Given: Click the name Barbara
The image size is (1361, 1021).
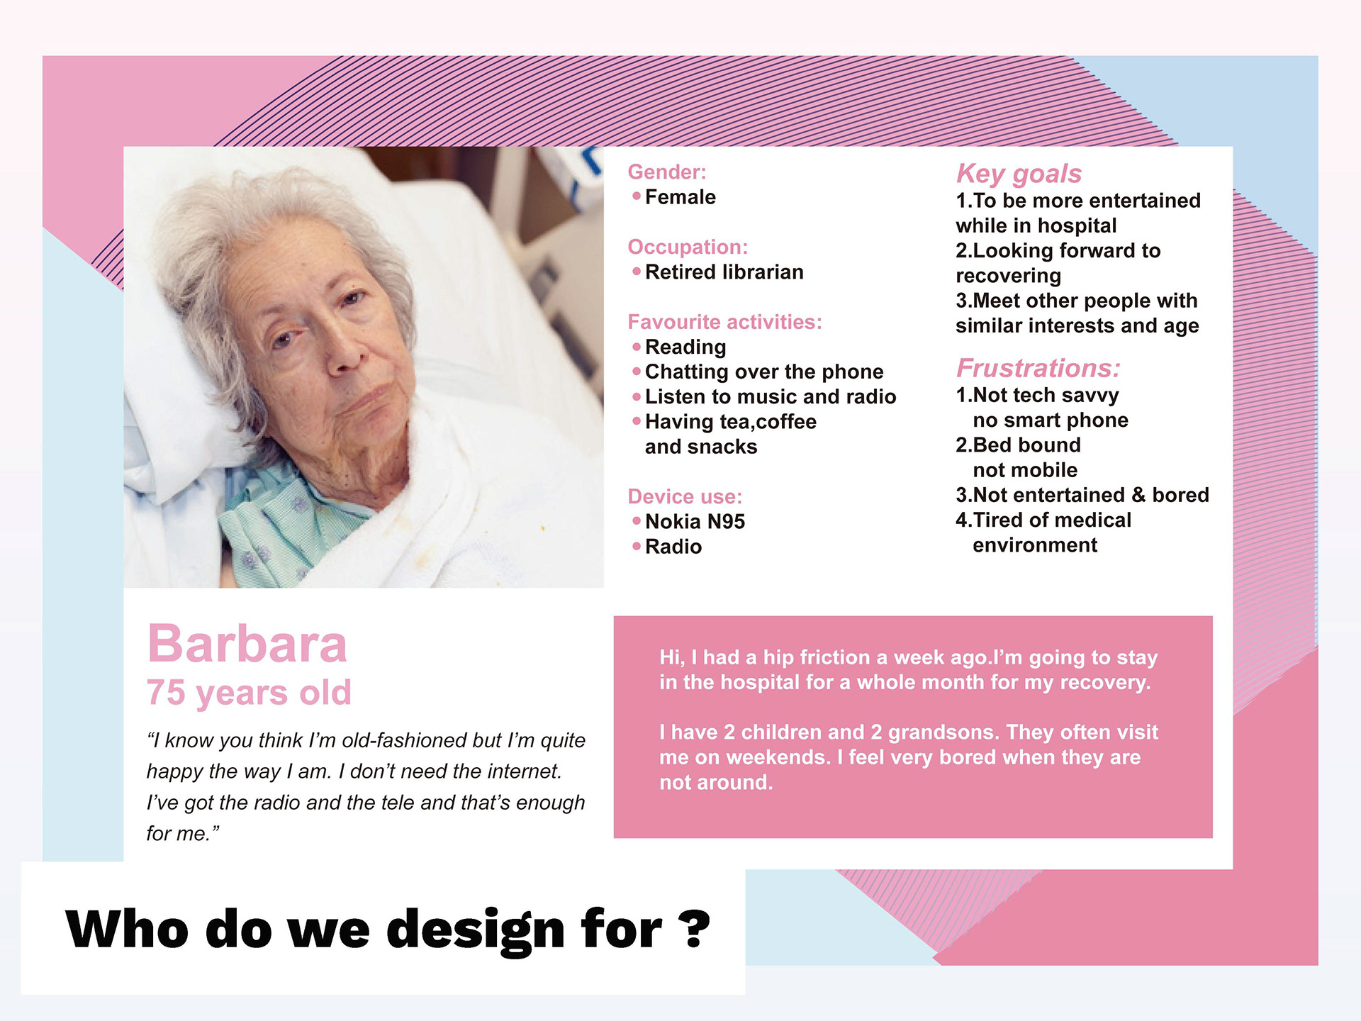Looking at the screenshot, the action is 247,645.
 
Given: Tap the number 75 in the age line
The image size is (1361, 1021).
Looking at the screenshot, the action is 166,692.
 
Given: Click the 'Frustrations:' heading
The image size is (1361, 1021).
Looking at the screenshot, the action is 1038,368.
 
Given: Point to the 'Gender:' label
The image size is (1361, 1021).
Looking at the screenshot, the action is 667,172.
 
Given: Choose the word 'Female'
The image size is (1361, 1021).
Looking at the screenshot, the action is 680,197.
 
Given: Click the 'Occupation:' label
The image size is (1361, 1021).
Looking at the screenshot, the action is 688,247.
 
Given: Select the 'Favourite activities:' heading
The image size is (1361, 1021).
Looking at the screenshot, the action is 724,322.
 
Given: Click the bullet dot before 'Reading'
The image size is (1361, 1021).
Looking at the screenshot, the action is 637,347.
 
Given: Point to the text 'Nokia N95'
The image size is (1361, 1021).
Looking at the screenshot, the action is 695,522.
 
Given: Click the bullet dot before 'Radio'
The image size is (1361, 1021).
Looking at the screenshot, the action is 637,546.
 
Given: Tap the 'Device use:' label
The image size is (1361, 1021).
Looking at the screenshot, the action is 685,496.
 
